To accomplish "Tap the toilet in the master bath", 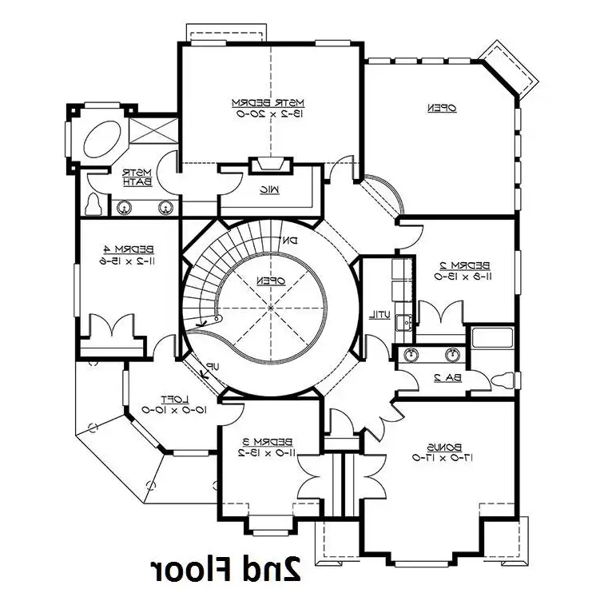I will pos(95,205).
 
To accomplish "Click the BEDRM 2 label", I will pos(462,265).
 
